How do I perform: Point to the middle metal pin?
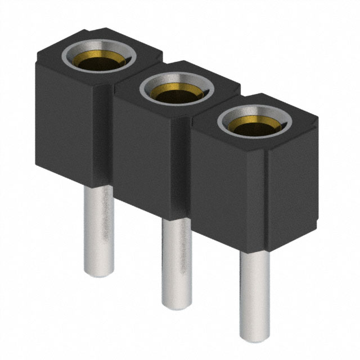pyautogui.click(x=177, y=259)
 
